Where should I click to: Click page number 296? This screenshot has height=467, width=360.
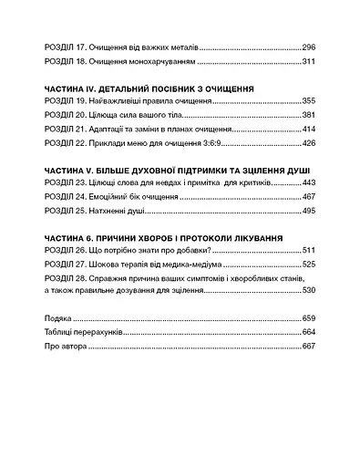pos(308,45)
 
